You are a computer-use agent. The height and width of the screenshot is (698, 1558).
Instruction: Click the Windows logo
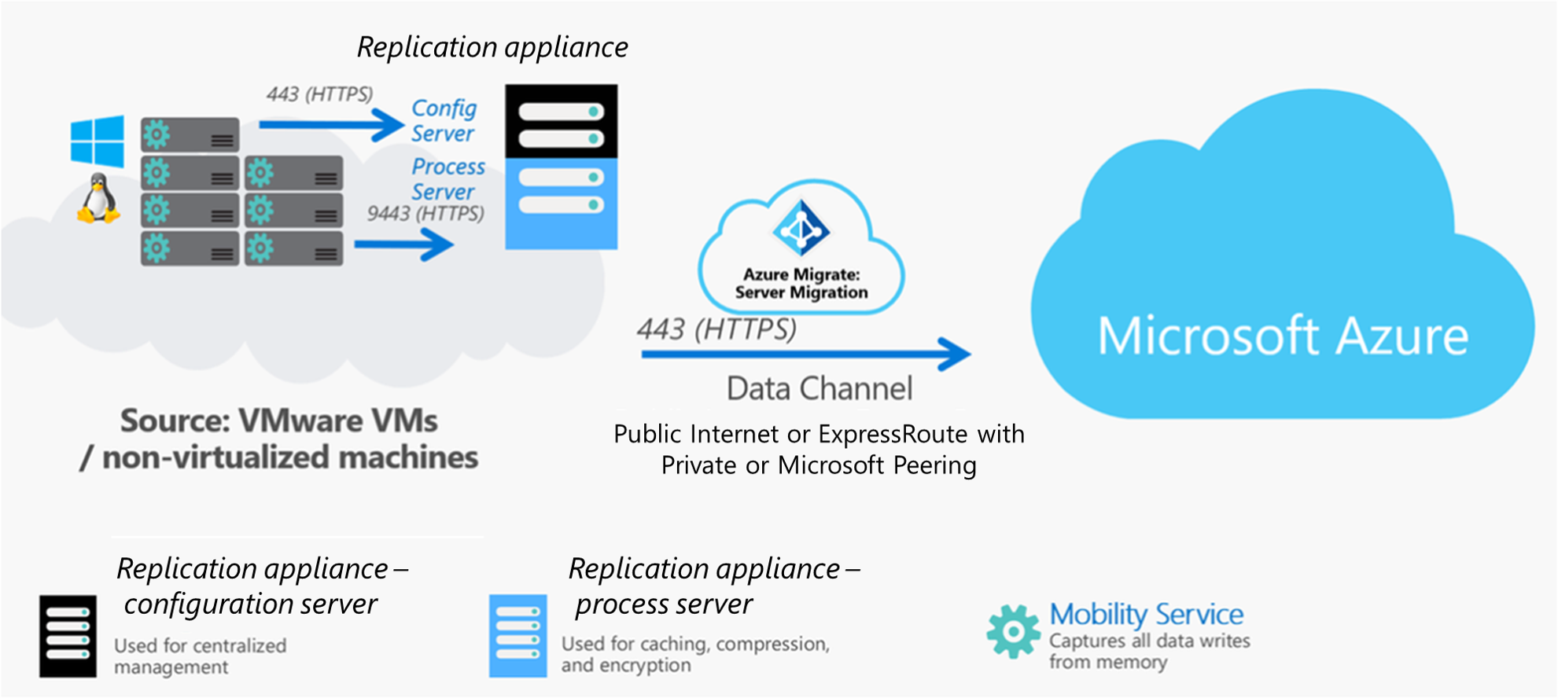(98, 141)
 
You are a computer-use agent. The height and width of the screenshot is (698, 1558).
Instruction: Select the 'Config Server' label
(444, 120)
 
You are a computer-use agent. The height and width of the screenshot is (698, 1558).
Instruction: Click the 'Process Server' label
(448, 178)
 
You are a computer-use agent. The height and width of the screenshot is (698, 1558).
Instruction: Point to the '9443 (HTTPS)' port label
(425, 213)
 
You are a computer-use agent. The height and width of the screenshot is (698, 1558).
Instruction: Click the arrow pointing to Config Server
(330, 124)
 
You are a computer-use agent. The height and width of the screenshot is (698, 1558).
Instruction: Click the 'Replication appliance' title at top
(492, 47)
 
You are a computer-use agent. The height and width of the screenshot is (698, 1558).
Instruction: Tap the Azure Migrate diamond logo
(801, 229)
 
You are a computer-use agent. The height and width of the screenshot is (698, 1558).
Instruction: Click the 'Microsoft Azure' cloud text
(1282, 336)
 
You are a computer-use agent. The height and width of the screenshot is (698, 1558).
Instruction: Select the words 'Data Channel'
(819, 388)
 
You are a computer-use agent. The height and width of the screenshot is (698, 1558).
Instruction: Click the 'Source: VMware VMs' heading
(278, 421)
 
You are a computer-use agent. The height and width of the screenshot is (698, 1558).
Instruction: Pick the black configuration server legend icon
(68, 636)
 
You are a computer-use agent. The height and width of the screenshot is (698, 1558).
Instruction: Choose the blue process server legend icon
(517, 636)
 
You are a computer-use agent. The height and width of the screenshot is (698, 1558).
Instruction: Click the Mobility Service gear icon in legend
(1013, 630)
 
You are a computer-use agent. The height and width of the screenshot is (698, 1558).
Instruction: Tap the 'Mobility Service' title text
(1146, 614)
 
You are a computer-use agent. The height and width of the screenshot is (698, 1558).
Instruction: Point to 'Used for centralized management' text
(200, 656)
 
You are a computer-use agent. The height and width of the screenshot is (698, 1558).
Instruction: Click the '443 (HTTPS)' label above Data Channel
(716, 329)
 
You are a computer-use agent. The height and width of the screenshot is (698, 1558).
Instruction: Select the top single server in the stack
(190, 134)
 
